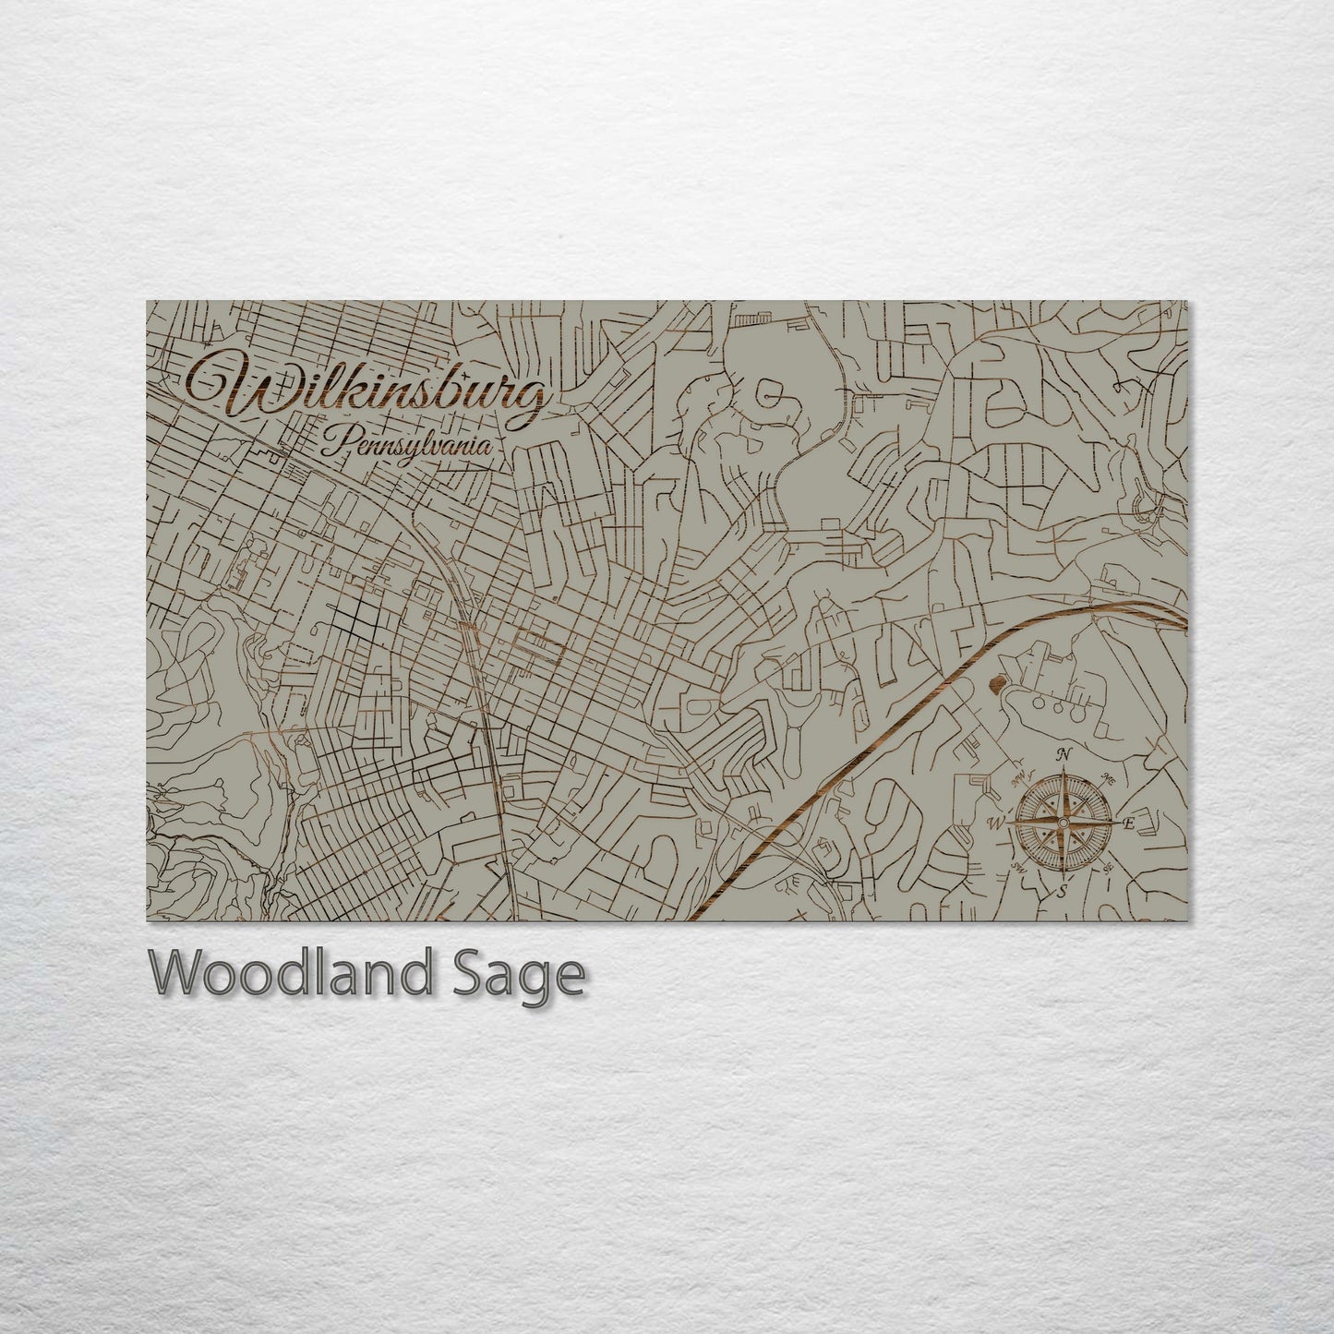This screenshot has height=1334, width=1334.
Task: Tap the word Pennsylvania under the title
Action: tap(406, 447)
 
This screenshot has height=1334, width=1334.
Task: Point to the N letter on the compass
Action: tap(1064, 754)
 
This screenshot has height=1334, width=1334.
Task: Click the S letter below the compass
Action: tap(1062, 891)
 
